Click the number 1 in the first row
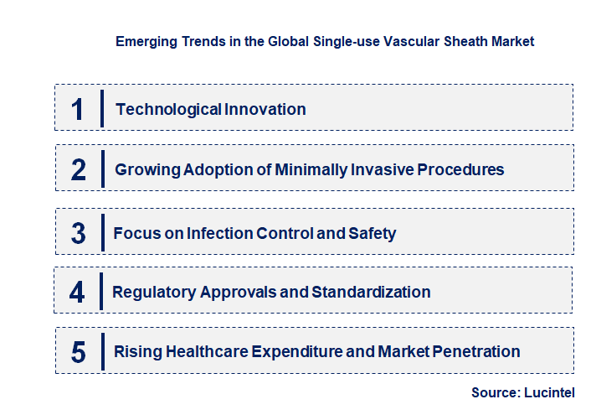[x=78, y=109]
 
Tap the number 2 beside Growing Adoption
[x=79, y=170]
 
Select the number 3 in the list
[x=79, y=233]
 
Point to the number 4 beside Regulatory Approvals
[x=78, y=293]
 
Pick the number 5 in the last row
[x=79, y=352]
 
